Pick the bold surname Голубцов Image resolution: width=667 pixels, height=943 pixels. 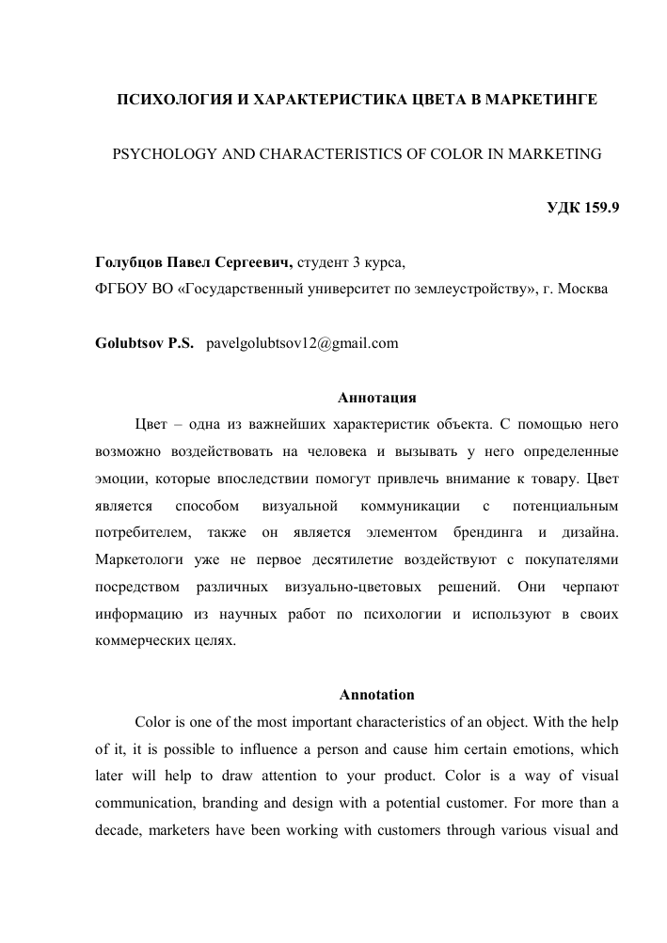point(130,262)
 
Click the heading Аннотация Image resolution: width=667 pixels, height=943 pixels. point(375,396)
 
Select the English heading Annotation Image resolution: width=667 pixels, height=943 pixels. point(375,696)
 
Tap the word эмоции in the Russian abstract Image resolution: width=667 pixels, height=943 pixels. point(121,479)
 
